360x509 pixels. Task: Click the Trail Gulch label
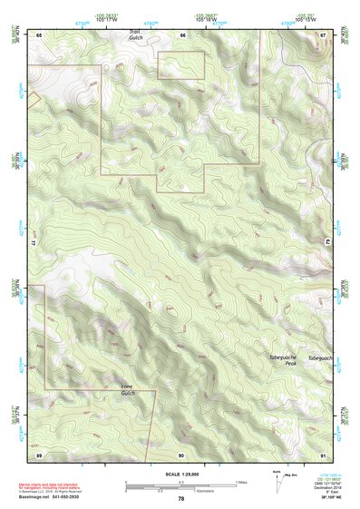click(135, 34)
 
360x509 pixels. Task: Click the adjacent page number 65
click(39, 34)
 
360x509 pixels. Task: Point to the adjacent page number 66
click(182, 34)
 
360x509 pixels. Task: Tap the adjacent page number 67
click(322, 34)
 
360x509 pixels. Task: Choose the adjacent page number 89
click(39, 454)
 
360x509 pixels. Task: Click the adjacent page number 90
click(181, 454)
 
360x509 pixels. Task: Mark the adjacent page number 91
click(322, 454)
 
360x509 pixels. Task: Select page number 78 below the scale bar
click(181, 499)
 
